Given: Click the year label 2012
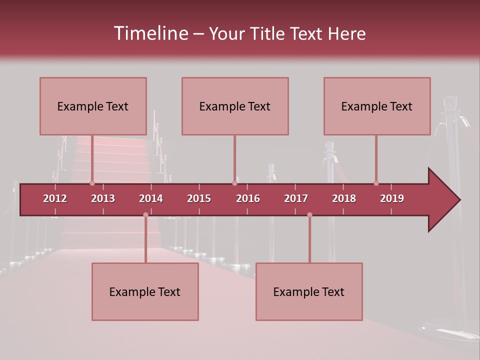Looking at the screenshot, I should [55, 198].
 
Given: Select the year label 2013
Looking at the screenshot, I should [103, 198].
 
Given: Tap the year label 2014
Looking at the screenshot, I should [151, 198].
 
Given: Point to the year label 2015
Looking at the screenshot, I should [199, 198].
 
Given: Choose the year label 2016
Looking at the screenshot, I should [248, 198].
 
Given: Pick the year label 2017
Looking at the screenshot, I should [296, 198].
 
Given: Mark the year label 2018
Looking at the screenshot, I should [344, 198].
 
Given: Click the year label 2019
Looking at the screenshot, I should [392, 198].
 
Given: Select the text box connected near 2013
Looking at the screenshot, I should [93, 106].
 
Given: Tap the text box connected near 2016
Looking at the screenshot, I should [235, 106].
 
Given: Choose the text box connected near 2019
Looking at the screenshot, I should [377, 106].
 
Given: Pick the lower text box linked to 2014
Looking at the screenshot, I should [145, 291].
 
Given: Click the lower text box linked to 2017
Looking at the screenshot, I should [309, 291].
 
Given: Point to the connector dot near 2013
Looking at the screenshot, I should [92, 183].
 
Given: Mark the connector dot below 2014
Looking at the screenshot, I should [145, 214].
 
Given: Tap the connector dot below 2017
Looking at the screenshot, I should [309, 214].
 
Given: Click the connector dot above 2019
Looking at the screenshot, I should [376, 183].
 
